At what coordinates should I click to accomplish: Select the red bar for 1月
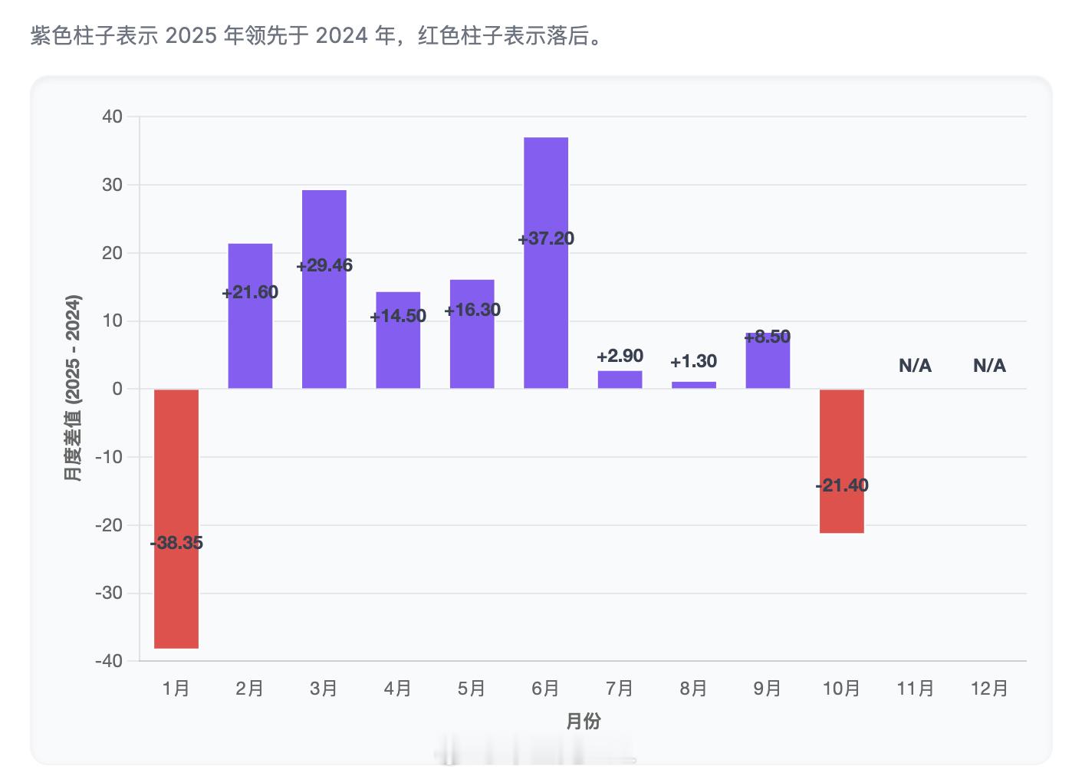coord(176,598)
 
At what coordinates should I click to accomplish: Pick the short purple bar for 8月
coord(694,385)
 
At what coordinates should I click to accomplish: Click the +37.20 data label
coord(546,238)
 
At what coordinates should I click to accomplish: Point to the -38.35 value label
coord(176,543)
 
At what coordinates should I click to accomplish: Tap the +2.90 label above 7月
coord(620,356)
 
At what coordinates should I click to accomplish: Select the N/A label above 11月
coord(915,366)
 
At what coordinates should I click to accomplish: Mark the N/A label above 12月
coord(989,366)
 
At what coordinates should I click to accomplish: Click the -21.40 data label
coord(841,485)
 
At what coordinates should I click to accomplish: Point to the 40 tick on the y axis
coord(112,117)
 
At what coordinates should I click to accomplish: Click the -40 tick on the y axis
coord(109,660)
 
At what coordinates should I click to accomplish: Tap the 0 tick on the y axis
coord(117,389)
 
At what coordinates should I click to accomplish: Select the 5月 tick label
coord(472,689)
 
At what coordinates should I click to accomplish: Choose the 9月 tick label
coord(767,689)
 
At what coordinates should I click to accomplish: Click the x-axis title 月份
coord(583,722)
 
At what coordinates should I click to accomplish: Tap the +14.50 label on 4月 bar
coord(398,316)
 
